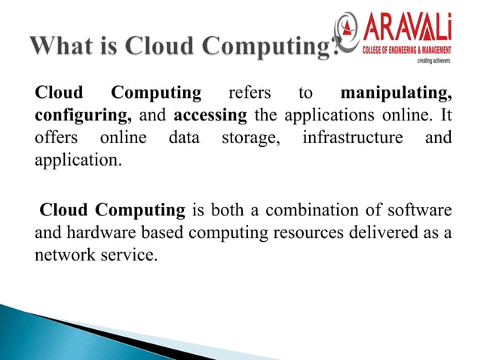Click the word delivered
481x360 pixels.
(388, 233)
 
